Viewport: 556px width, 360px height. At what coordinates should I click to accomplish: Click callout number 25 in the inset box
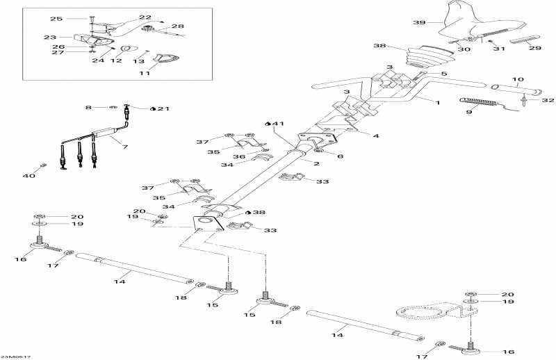(x=56, y=19)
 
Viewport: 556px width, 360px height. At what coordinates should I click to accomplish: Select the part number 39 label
(x=418, y=23)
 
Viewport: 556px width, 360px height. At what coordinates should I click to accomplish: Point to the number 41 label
(x=278, y=124)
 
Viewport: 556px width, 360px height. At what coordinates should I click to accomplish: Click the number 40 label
(x=28, y=176)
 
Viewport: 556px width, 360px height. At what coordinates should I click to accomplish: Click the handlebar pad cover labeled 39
(x=473, y=21)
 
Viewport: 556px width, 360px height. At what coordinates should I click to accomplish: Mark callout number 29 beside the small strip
(x=534, y=49)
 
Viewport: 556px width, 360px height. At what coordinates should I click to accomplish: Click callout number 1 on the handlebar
(x=438, y=103)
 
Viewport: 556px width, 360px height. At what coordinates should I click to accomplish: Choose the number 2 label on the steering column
(x=316, y=164)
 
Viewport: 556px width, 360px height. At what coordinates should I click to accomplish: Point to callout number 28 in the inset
(x=178, y=26)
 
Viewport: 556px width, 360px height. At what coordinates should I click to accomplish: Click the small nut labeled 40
(x=43, y=165)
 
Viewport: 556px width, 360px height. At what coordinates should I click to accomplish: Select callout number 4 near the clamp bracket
(x=375, y=136)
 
